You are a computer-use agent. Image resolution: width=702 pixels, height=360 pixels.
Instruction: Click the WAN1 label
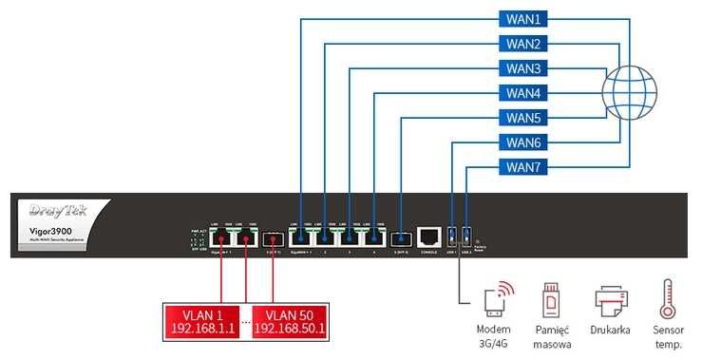[x=522, y=19]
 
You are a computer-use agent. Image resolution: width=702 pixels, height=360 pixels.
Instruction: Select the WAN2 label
[x=522, y=44]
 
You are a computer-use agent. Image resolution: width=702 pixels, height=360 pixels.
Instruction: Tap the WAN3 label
[x=522, y=68]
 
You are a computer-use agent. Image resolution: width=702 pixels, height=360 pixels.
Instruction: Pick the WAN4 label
[x=522, y=93]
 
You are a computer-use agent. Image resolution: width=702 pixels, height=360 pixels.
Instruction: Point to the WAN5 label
[x=522, y=118]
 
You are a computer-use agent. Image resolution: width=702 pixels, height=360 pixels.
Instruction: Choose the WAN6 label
[x=522, y=142]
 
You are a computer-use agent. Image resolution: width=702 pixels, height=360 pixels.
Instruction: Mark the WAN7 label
[x=522, y=167]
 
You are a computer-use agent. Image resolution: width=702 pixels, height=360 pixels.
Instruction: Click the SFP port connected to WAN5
[x=402, y=237]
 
